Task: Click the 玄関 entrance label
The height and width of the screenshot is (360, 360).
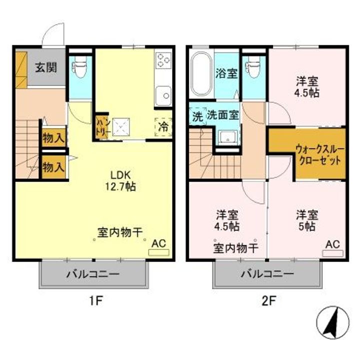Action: (45, 67)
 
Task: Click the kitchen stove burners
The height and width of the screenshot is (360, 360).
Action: (163, 60)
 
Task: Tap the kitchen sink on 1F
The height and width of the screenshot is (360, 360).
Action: (163, 94)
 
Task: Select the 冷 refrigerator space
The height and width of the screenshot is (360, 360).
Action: (164, 127)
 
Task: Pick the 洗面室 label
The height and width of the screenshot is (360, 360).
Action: (223, 114)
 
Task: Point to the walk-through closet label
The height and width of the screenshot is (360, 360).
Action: (319, 154)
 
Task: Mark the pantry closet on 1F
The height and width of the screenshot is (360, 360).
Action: (101, 125)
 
